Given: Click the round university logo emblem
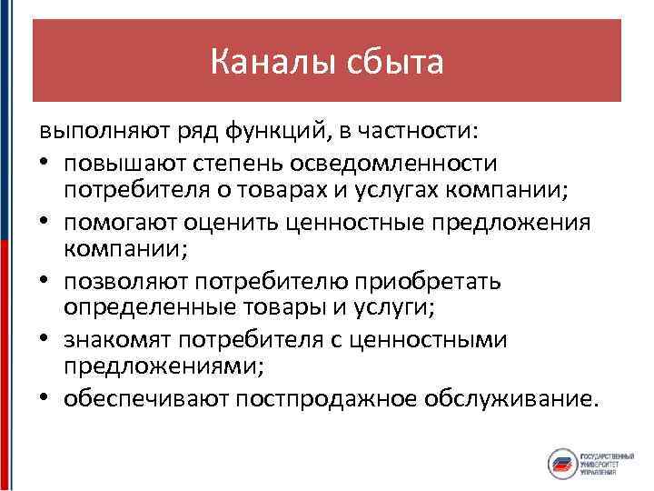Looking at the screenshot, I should (x=564, y=464).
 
